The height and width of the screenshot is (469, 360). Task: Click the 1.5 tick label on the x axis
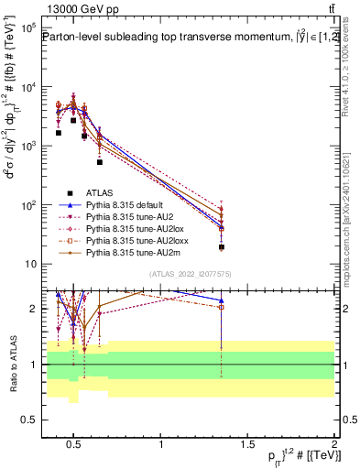[x=247, y=445]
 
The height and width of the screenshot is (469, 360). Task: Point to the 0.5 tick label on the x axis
[x=74, y=445]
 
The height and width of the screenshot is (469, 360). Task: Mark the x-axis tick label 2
[x=334, y=445]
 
